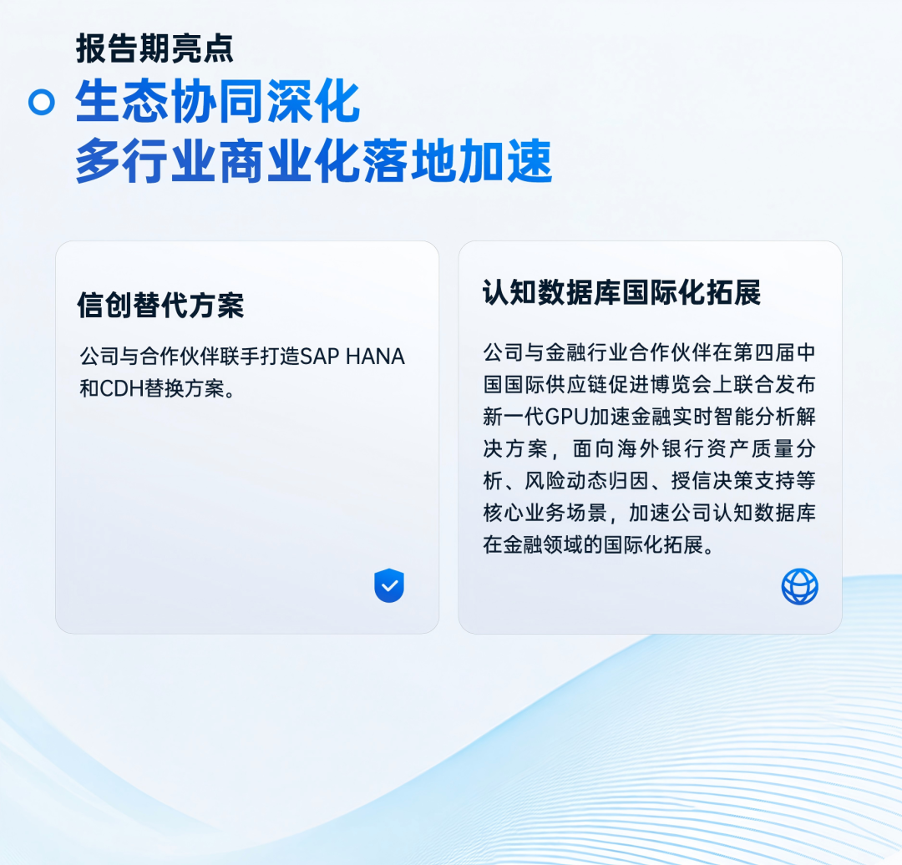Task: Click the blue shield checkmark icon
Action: [389, 585]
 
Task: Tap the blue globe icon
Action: [799, 587]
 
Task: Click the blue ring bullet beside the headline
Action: [42, 102]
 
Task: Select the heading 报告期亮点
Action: [155, 48]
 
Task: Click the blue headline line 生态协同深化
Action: [217, 101]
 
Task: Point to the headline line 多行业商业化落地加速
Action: [314, 160]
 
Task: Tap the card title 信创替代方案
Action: [160, 305]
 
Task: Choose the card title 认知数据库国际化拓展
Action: [621, 292]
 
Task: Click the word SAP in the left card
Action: [320, 357]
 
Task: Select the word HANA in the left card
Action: [375, 357]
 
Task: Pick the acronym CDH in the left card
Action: [122, 389]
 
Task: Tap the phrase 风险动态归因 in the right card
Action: [587, 481]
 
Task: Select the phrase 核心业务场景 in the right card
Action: [545, 513]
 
